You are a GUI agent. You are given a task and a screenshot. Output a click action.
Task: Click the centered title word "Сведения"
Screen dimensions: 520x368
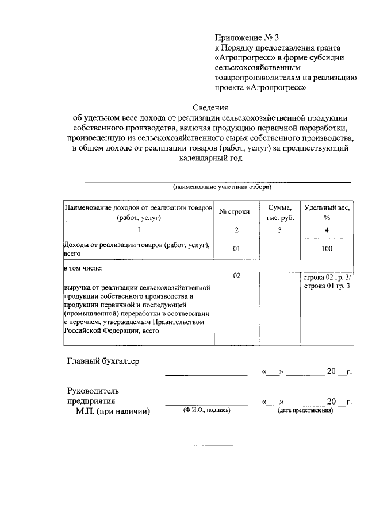(x=210, y=107)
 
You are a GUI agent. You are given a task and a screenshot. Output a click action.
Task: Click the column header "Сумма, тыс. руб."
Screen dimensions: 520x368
(x=279, y=212)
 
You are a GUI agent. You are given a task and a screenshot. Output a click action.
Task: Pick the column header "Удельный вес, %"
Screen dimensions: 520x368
(x=327, y=212)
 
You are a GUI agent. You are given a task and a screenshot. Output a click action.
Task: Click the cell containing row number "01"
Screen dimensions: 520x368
(x=236, y=249)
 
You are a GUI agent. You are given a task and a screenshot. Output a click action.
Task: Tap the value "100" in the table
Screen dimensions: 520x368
(x=327, y=249)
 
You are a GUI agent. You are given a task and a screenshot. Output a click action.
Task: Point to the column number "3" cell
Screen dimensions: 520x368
(x=279, y=230)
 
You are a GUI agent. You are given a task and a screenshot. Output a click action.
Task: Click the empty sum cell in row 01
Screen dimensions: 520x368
(x=279, y=249)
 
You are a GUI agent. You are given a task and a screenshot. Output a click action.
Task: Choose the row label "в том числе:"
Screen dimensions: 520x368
(x=86, y=267)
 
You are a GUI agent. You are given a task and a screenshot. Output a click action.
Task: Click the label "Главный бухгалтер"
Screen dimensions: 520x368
(x=103, y=361)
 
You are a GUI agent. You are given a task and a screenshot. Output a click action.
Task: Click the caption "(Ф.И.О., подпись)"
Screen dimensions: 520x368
(x=206, y=411)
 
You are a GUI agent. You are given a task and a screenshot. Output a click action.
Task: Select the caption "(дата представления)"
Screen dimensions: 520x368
(x=305, y=411)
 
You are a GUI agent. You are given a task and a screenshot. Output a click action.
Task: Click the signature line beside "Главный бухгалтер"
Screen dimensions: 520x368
(x=206, y=375)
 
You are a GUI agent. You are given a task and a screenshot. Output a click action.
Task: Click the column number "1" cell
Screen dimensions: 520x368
(x=138, y=230)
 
